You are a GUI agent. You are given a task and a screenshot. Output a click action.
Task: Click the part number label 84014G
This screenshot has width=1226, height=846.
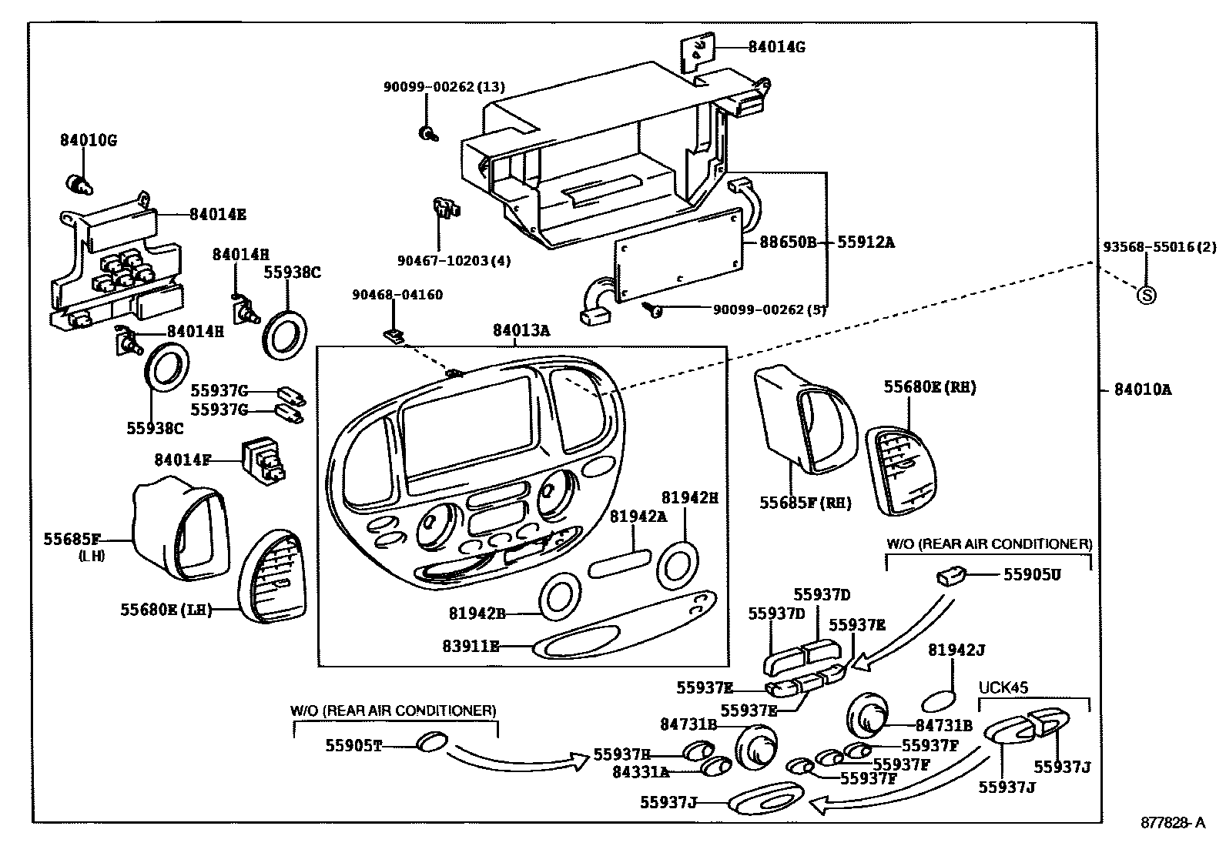pos(776,47)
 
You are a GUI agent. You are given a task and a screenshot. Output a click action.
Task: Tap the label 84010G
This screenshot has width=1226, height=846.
pos(89,141)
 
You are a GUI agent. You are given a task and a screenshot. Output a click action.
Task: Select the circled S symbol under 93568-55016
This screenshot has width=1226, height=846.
pos(1147,294)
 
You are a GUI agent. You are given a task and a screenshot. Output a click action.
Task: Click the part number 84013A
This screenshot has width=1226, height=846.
pos(521,330)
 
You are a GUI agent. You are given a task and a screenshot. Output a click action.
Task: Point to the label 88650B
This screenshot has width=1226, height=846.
pos(787,242)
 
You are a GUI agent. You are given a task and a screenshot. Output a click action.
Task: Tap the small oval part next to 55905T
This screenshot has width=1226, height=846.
pos(431,743)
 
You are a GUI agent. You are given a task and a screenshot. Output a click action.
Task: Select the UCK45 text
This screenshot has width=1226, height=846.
pos(1003,687)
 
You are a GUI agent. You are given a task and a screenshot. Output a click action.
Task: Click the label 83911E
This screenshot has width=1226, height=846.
pos(471,647)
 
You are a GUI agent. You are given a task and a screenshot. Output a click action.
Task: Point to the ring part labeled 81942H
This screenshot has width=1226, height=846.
pos(678,562)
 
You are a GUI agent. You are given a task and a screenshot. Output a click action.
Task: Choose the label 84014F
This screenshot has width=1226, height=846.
pos(183,460)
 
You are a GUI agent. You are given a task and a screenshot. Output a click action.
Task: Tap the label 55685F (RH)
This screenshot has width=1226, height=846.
pos(806,503)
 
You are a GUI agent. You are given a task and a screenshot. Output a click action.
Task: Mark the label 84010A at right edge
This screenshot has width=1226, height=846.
pos(1142,390)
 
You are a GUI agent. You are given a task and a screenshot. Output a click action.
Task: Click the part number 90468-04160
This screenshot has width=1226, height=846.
pos(397,295)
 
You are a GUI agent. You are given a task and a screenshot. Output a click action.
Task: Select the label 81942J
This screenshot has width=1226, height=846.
pos(956,650)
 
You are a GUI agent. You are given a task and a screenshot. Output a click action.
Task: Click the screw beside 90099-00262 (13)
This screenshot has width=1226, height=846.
pos(426,134)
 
